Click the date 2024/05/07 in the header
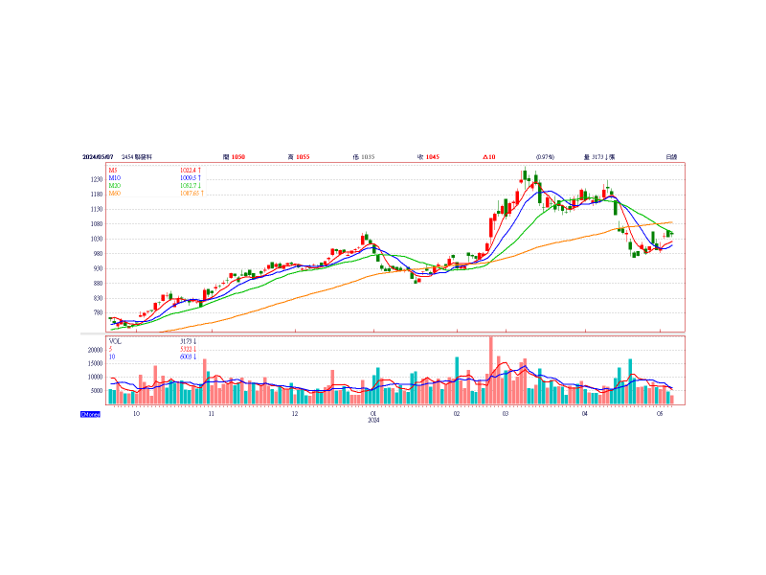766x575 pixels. pos(98,156)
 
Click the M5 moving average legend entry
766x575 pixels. pos(113,170)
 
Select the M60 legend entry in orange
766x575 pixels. pos(114,194)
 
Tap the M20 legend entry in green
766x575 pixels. pos(114,186)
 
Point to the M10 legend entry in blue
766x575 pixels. pos(114,177)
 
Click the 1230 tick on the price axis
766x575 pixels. pos(97,179)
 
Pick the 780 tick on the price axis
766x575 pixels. pos(97,312)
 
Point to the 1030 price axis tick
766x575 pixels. pos(97,239)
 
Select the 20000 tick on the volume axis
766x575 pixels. pos(94,350)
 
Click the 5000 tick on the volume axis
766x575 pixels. pos(96,391)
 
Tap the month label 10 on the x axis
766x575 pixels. pos(136,414)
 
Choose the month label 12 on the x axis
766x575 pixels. pos(295,414)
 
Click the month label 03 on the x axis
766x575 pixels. pos(505,414)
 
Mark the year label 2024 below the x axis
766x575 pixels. pos(374,421)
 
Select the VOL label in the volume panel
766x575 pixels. pos(115,340)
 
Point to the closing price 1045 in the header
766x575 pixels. pos(433,156)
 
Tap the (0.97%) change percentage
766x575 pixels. pos(545,156)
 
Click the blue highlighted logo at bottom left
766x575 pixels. pos(90,413)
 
